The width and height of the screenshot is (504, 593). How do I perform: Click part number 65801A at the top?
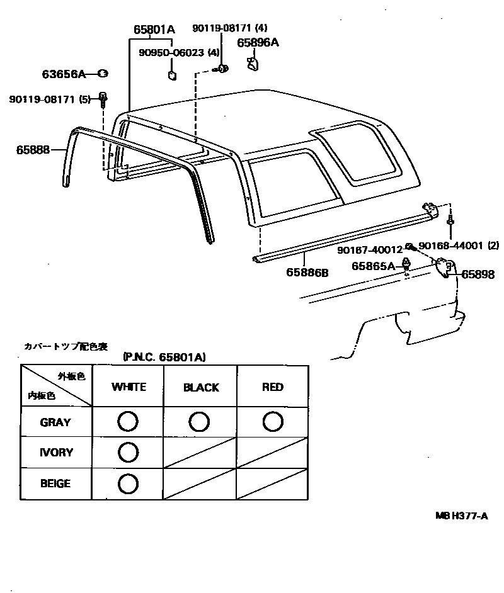[x=154, y=29]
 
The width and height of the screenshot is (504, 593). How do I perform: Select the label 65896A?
[x=258, y=42]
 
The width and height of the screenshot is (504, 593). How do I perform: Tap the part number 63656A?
[x=64, y=74]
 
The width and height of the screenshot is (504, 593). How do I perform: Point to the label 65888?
[x=32, y=150]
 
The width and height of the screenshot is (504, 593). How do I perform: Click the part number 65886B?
[x=307, y=272]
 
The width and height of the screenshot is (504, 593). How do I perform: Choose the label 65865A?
[x=373, y=266]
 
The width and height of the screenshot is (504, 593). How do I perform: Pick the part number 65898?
[x=478, y=274]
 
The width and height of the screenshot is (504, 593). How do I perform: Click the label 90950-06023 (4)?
[x=180, y=53]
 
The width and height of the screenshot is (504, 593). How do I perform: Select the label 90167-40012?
[x=370, y=249]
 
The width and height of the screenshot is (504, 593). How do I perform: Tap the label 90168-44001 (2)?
[x=459, y=246]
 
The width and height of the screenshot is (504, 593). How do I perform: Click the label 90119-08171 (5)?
[x=50, y=99]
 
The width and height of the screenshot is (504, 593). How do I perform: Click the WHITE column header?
[x=128, y=387]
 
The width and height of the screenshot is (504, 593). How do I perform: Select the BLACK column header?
[x=201, y=388]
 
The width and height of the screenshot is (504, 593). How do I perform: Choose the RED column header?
[x=273, y=387]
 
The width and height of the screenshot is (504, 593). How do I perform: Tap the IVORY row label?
[x=56, y=453]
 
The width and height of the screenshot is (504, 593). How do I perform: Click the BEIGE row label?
[x=55, y=484]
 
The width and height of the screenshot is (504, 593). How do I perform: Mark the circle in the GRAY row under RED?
[x=273, y=421]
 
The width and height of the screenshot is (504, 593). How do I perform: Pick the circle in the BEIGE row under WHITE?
[x=128, y=483]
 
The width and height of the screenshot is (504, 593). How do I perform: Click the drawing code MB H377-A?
[x=462, y=516]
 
